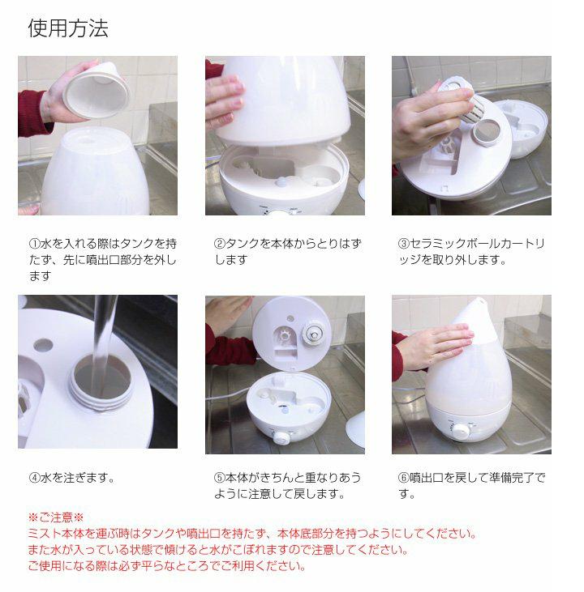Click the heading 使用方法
tap(68, 28)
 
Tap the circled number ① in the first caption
tap(34, 244)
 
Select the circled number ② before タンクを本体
tap(219, 244)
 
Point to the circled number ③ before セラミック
tap(404, 244)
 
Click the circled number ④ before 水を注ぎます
tap(34, 478)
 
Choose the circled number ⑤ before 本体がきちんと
tap(219, 478)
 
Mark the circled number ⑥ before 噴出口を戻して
tap(404, 478)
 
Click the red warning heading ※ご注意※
tap(56, 517)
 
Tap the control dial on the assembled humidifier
tap(461, 431)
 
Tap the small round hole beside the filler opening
tap(43, 345)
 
